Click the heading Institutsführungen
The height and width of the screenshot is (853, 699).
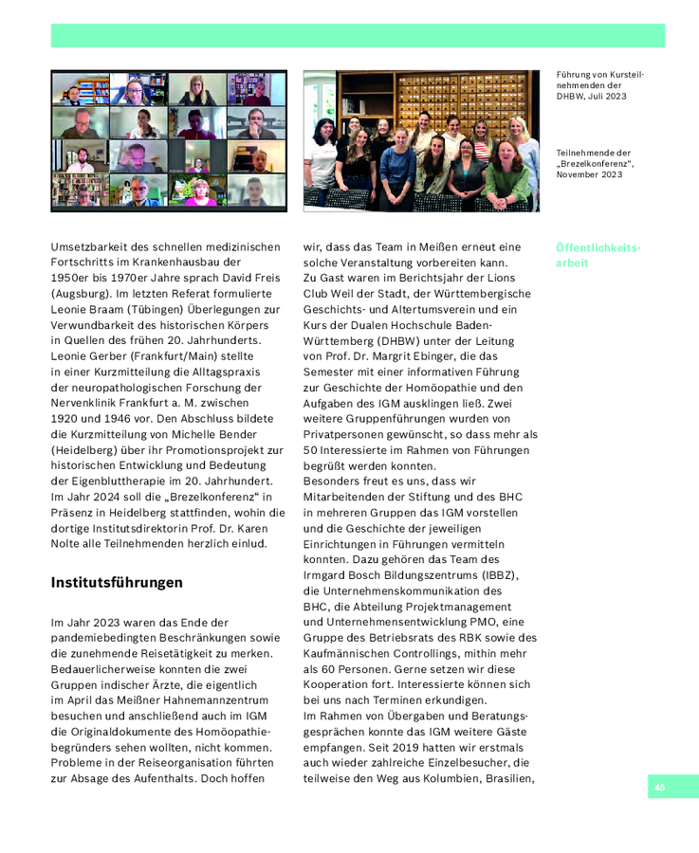click(117, 582)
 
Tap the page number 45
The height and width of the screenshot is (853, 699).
click(659, 787)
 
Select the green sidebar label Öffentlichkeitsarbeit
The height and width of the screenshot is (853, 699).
click(598, 255)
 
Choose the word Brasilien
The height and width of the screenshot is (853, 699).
click(507, 778)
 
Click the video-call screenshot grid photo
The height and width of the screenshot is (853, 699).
click(169, 139)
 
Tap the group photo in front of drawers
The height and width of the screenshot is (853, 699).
click(421, 140)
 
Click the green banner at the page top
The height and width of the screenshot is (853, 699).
click(358, 36)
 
